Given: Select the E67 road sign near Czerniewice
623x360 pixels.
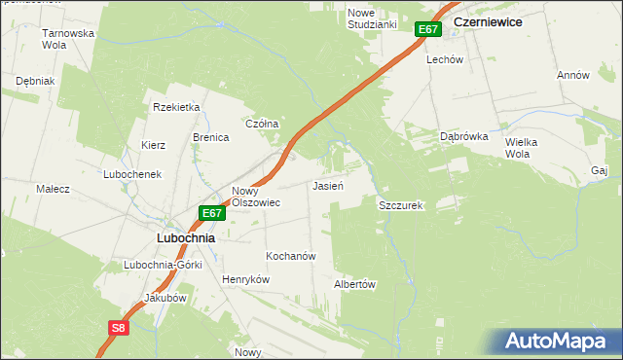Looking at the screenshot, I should click(429, 29).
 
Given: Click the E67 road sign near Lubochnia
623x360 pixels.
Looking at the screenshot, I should click(213, 213).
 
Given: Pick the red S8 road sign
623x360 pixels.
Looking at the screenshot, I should click(118, 328).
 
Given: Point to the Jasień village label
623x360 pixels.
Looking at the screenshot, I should click(326, 185).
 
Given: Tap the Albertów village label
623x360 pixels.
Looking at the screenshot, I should click(354, 284).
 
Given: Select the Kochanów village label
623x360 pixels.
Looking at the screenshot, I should click(291, 256).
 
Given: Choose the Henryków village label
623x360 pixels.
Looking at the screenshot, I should click(245, 279).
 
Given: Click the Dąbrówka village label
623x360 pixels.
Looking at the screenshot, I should click(462, 137).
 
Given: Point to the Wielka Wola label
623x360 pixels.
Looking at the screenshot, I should click(521, 148).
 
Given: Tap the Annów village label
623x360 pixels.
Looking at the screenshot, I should click(573, 75).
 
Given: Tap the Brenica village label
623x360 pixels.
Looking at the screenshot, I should click(210, 137).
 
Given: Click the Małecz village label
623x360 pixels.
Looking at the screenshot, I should click(53, 189).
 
